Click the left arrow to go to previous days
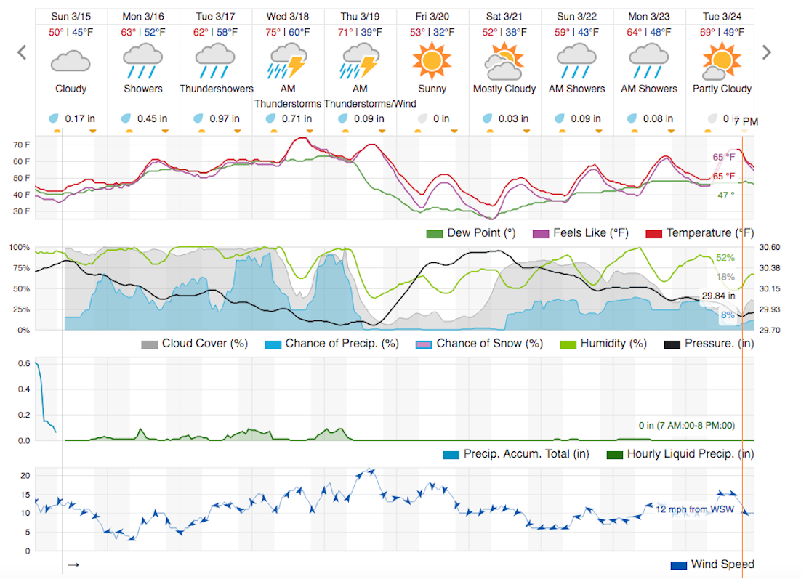coord(22,52)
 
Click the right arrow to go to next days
coord(765,52)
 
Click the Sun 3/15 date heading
coord(71,16)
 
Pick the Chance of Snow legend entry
coord(479,343)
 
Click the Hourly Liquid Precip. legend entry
coord(680,454)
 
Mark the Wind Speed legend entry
coord(712,564)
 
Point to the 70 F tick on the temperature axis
coord(22,145)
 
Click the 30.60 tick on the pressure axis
coord(769,247)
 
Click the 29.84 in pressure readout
coord(717,296)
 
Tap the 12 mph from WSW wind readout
coord(695,509)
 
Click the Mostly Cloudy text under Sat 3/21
coord(504,89)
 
